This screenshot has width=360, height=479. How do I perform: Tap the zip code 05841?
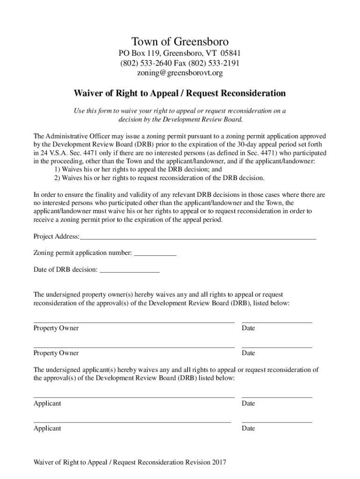tap(230, 54)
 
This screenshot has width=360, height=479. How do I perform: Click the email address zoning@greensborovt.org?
tap(180, 73)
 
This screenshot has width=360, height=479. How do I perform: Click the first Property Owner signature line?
tap(134, 322)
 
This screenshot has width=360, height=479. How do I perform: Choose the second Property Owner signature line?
tap(134, 348)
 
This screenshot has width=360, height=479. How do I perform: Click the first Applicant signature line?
tap(134, 398)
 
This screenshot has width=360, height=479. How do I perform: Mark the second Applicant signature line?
tap(132, 422)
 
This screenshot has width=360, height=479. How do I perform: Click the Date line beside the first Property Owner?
tap(277, 322)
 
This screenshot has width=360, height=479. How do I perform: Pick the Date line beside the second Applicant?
tap(277, 422)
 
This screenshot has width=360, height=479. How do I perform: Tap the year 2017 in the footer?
tap(219, 463)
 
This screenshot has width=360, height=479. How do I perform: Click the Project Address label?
tap(56, 236)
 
